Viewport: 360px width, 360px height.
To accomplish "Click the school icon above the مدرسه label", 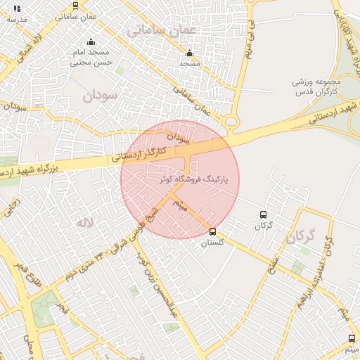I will pyautogui.click(x=17, y=8).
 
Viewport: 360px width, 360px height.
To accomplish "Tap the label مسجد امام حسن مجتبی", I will pyautogui.click(x=91, y=57).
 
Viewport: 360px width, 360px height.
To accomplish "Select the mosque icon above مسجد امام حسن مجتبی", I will pyautogui.click(x=91, y=41).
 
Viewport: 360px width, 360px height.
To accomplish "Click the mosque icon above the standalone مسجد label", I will pyautogui.click(x=188, y=53).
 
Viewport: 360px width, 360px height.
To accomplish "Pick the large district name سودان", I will pyautogui.click(x=98, y=96).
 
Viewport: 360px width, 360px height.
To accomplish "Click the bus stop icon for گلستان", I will pyautogui.click(x=213, y=231).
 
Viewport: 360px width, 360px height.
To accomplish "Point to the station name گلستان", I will pyautogui.click(x=212, y=242).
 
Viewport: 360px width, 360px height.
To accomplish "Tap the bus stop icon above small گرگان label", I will pyautogui.click(x=263, y=215).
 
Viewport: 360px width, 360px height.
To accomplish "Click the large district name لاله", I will pyautogui.click(x=84, y=223).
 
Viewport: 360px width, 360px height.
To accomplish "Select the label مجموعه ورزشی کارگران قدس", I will pyautogui.click(x=316, y=87).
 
